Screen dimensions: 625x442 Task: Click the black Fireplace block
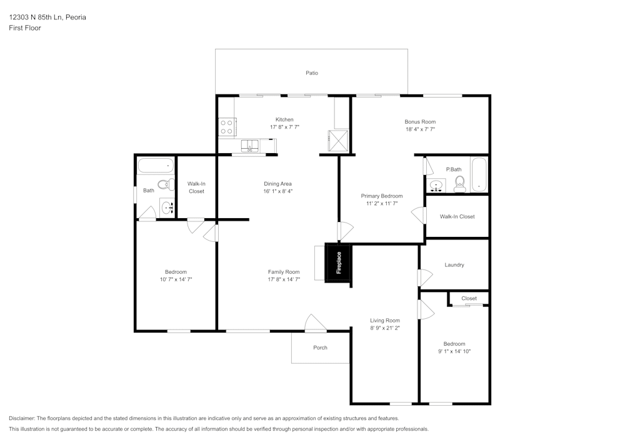click(x=338, y=263)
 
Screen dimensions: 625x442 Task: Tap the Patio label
click(x=312, y=73)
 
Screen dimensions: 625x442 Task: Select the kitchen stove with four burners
click(x=227, y=127)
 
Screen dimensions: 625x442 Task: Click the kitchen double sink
click(x=250, y=146)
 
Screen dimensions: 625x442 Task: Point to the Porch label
click(x=320, y=348)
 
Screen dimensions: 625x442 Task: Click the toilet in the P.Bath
click(x=460, y=184)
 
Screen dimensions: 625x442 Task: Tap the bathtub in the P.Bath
click(x=479, y=175)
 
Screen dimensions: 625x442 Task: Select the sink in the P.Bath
click(x=436, y=186)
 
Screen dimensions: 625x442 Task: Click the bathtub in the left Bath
click(x=156, y=166)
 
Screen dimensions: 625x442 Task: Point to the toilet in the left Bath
click(x=166, y=184)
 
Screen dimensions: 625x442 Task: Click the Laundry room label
click(x=454, y=264)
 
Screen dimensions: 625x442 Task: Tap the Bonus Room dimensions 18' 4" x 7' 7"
click(x=420, y=129)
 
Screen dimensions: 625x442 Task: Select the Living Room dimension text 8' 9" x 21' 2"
click(x=384, y=328)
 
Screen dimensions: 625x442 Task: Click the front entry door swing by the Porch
click(x=316, y=323)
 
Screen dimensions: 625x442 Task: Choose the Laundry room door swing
click(x=425, y=278)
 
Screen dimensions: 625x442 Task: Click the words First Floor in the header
click(x=25, y=28)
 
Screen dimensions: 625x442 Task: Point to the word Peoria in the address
click(x=76, y=17)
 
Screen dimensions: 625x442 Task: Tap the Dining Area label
click(x=277, y=184)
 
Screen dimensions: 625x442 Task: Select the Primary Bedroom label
click(x=381, y=196)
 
